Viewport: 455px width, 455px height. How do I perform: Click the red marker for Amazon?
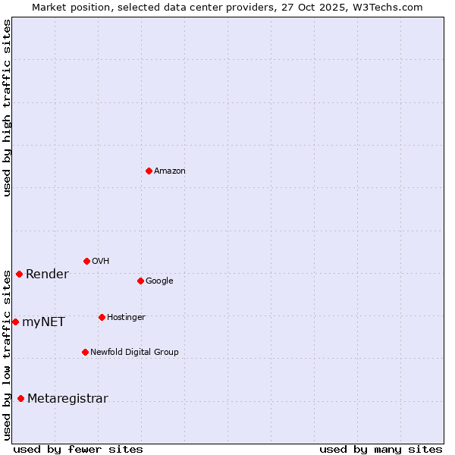(149, 171)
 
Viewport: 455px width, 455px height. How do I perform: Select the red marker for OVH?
(86, 261)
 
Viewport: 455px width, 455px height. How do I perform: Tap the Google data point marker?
(140, 281)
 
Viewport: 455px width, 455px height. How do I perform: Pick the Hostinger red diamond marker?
(102, 317)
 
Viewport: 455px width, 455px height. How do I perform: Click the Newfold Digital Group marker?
(85, 352)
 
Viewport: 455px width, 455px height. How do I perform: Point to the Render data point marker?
(19, 274)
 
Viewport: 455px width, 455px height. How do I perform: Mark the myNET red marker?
(15, 322)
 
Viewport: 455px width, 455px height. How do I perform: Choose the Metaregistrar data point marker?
(20, 398)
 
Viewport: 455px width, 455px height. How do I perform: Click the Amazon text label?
(170, 171)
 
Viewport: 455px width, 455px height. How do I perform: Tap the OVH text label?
(101, 262)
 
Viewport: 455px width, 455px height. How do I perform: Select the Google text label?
(159, 281)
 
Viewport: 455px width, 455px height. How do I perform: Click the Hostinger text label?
(126, 318)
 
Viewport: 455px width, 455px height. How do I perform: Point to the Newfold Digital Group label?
(134, 353)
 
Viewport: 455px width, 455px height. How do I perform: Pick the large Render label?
(47, 275)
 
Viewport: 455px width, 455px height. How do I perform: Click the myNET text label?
(43, 322)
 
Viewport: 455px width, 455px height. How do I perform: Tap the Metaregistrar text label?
(67, 399)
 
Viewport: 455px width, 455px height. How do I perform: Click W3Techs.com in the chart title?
(392, 7)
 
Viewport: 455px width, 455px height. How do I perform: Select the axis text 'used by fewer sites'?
(78, 449)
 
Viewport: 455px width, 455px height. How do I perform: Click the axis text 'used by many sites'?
(381, 449)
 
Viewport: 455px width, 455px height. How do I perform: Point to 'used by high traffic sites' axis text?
(7, 108)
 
